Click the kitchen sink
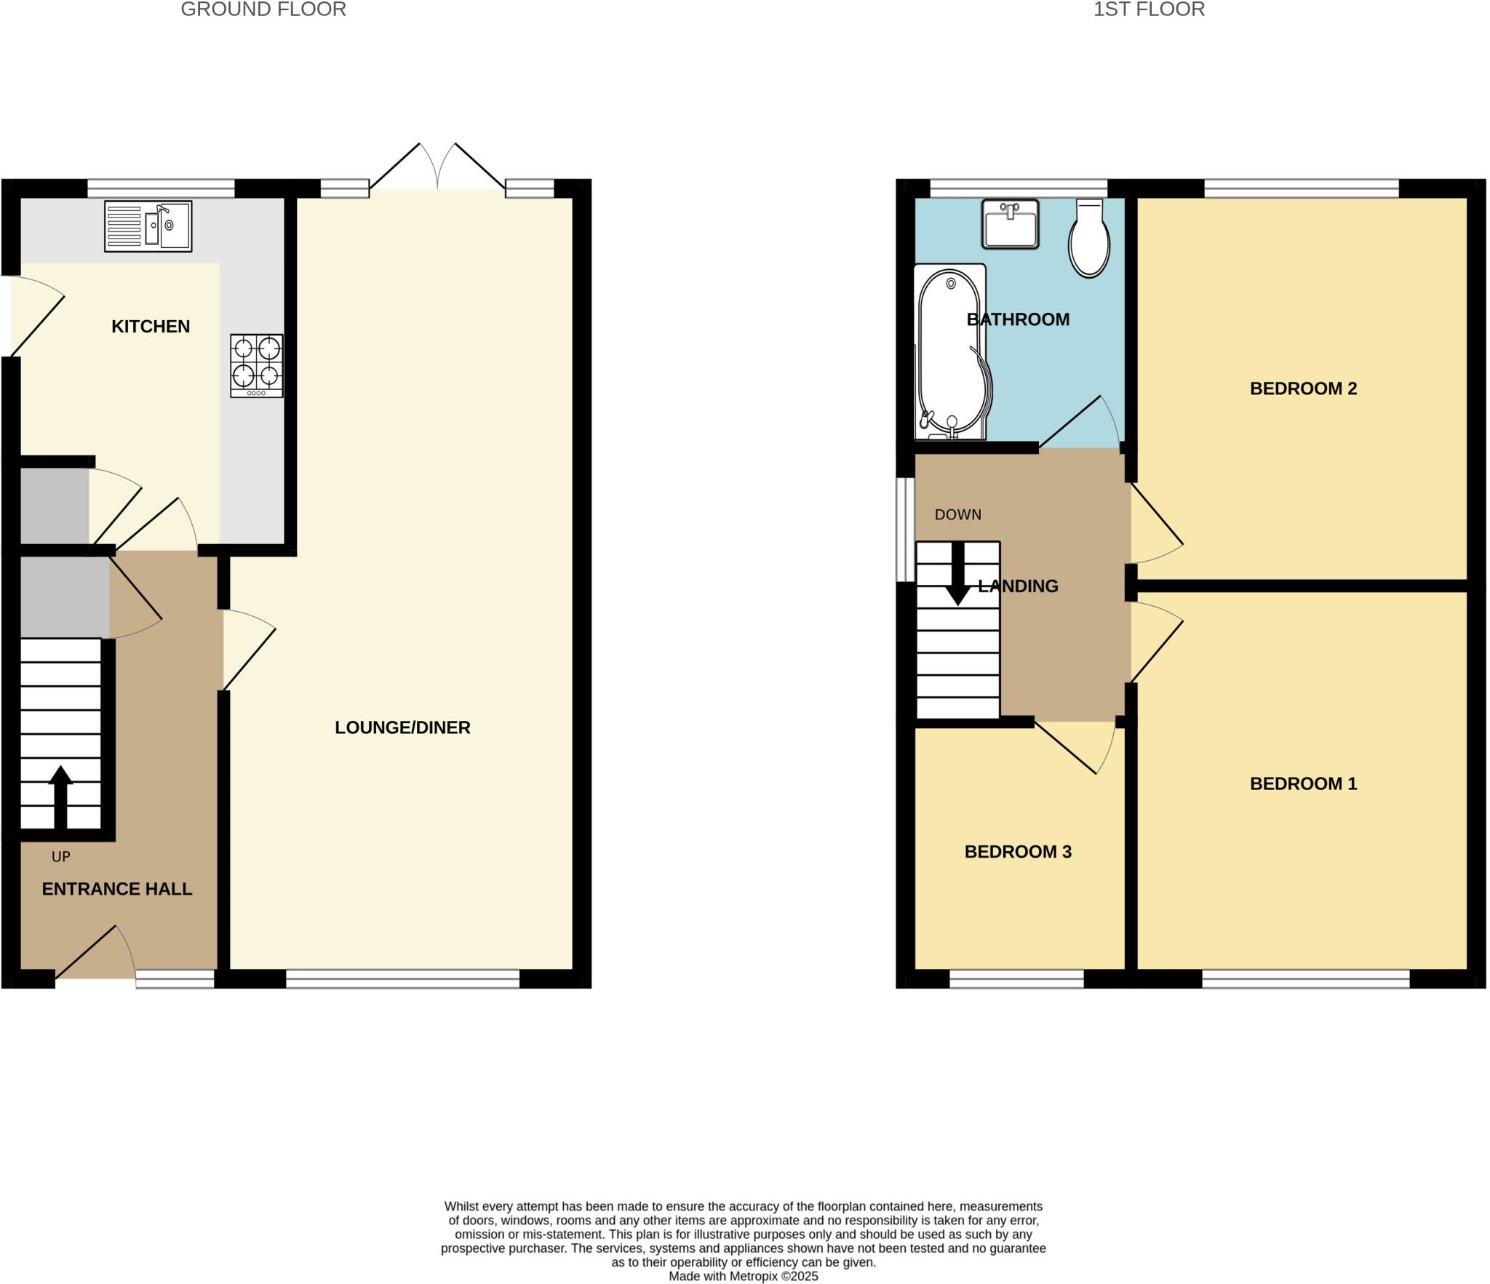(x=148, y=226)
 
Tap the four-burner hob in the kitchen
(x=257, y=365)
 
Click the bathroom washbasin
(x=1010, y=224)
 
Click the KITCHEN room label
(x=151, y=327)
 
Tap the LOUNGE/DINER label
(x=402, y=727)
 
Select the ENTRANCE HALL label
(x=117, y=889)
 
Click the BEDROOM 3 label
(x=1018, y=852)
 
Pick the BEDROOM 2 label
(x=1303, y=388)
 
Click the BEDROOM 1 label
(x=1303, y=783)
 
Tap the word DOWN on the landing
(x=957, y=515)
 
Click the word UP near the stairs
(x=61, y=857)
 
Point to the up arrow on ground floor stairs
(x=60, y=796)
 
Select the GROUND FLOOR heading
(x=263, y=9)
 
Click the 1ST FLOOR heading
(x=1149, y=9)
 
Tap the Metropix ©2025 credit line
(x=743, y=1276)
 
